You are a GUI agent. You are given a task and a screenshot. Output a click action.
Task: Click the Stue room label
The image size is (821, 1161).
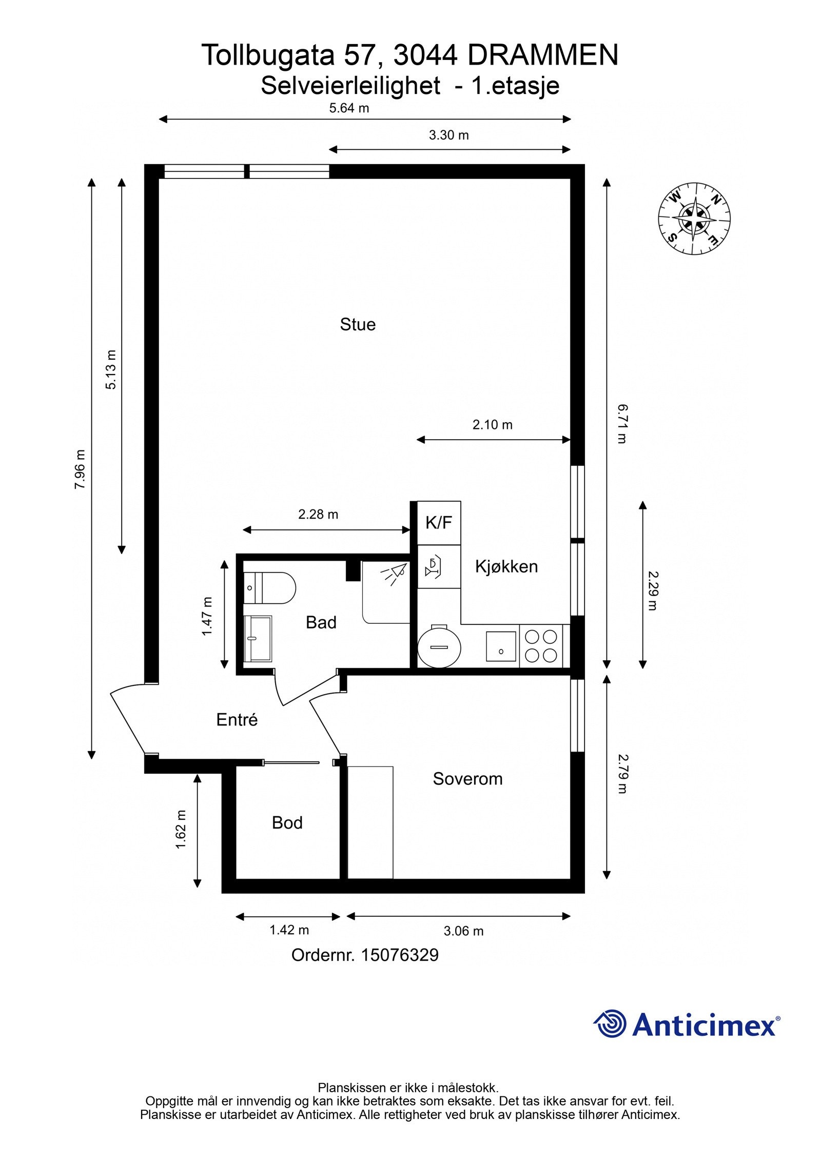(x=358, y=324)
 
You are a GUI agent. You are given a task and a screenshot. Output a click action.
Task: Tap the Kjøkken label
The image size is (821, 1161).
(x=506, y=566)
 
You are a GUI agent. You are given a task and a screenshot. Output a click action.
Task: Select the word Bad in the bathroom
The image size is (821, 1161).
(x=321, y=622)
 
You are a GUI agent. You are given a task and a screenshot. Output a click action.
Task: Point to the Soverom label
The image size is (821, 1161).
(x=467, y=779)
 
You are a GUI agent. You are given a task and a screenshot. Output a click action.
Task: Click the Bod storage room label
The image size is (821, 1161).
(x=287, y=822)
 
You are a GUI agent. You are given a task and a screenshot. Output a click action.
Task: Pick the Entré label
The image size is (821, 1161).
(x=237, y=720)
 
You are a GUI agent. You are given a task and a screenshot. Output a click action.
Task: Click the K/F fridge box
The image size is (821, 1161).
(x=439, y=523)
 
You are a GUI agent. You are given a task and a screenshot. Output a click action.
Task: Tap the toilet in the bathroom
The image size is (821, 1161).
(x=270, y=588)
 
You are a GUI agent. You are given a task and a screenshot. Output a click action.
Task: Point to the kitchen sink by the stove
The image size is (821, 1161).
(x=501, y=646)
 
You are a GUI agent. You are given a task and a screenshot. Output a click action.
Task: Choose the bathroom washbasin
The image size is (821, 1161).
(x=258, y=639)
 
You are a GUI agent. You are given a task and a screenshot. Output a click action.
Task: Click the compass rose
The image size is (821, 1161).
(x=694, y=219)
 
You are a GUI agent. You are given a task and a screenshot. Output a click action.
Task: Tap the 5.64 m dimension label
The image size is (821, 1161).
(x=349, y=108)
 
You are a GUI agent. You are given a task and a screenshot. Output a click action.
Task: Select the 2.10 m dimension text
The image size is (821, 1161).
(x=493, y=425)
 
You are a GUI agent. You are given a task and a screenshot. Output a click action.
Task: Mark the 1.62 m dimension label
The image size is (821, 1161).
(x=181, y=830)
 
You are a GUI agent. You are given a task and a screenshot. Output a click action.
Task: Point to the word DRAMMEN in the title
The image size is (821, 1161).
(x=543, y=55)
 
